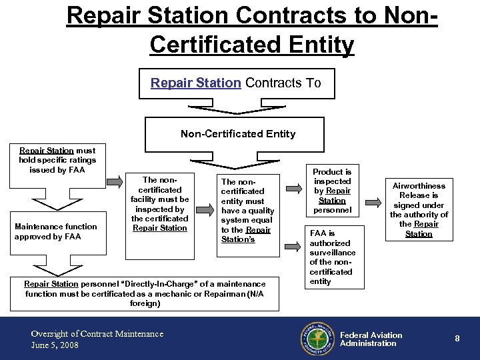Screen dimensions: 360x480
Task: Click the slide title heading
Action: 252,30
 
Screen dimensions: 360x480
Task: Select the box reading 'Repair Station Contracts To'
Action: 235,83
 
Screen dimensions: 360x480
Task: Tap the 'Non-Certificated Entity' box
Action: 238,133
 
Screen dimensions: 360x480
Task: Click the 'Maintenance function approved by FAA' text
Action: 56,231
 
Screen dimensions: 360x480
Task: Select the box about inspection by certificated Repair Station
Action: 160,203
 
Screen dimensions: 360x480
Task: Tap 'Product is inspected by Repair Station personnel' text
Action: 332,191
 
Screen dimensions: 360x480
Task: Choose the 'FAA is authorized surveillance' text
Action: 332,257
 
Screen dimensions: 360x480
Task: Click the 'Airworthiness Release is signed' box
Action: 419,209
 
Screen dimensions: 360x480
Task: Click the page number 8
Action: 457,339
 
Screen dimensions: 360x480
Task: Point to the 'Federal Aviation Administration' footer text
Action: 371,339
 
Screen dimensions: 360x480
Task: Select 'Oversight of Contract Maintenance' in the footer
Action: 97,333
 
